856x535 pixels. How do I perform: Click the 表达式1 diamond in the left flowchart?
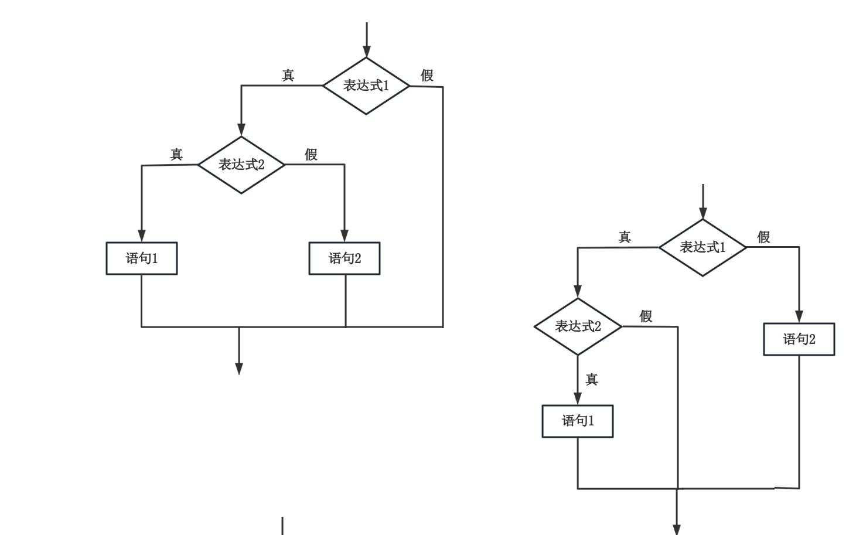(x=366, y=86)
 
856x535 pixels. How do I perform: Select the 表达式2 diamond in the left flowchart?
(x=241, y=165)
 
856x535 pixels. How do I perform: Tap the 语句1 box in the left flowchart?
(x=142, y=258)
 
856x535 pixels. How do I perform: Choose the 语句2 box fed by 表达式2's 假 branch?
(x=345, y=258)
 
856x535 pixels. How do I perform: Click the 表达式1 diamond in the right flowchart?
(x=702, y=247)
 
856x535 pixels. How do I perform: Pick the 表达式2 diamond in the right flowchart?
(x=578, y=326)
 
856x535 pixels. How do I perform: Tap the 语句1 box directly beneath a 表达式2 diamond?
(x=578, y=421)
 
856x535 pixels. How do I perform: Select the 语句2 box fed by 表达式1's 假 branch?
(x=799, y=339)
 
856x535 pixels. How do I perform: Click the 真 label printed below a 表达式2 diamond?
(x=592, y=380)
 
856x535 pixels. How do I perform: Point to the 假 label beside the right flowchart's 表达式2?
(x=646, y=316)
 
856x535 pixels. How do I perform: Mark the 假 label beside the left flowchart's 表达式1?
(x=427, y=76)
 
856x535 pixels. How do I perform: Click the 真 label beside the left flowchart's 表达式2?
(x=176, y=155)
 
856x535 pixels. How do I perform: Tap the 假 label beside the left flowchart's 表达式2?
(x=311, y=155)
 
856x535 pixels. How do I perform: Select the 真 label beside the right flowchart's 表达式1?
(x=625, y=237)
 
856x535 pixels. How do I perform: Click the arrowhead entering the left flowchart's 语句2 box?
(x=345, y=236)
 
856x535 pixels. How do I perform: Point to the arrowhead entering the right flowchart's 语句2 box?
(x=799, y=316)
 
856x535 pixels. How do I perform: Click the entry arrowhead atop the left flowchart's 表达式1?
(x=367, y=51)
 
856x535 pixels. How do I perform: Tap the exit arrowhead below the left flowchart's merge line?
(x=239, y=368)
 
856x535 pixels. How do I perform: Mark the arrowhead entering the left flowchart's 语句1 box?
(x=142, y=236)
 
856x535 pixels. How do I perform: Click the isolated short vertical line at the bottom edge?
(x=282, y=526)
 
